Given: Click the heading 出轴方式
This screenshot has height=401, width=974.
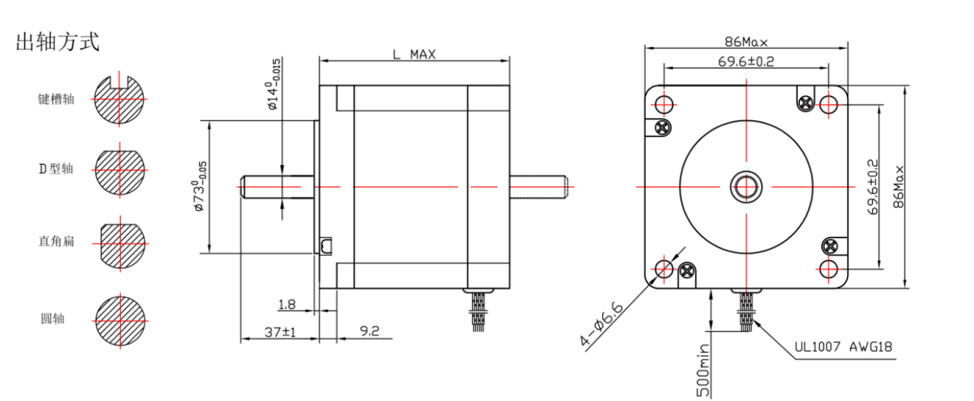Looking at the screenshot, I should pyautogui.click(x=58, y=42).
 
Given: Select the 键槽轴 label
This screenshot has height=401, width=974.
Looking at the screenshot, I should pyautogui.click(x=56, y=99).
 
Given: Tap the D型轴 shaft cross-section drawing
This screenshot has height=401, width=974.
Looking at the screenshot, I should pyautogui.click(x=120, y=170).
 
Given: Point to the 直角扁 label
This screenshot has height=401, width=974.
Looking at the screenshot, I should pyautogui.click(x=56, y=241).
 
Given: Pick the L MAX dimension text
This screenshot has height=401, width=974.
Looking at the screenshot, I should pyautogui.click(x=413, y=55).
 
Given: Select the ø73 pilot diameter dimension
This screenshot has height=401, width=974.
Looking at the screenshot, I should pyautogui.click(x=198, y=187).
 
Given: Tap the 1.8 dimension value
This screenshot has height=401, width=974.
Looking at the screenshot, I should pyautogui.click(x=288, y=304).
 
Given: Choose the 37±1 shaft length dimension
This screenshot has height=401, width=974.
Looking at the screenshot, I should pyautogui.click(x=280, y=332).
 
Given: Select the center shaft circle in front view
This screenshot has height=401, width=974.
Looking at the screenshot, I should pyautogui.click(x=746, y=186).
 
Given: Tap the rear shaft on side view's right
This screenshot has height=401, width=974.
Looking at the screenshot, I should pyautogui.click(x=539, y=186).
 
